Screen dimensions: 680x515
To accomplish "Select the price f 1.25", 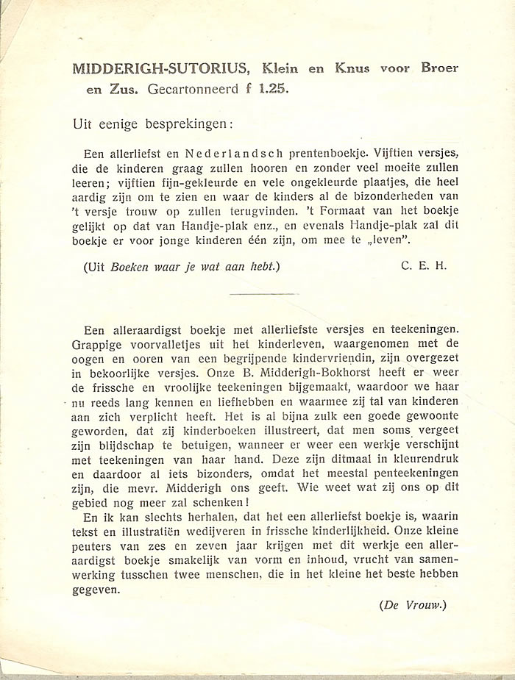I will (266, 90).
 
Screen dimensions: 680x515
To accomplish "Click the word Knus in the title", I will (353, 68).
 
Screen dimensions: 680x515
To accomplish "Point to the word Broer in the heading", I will (439, 68).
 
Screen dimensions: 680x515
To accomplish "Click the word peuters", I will (93, 560).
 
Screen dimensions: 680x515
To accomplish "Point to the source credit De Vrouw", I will (413, 605).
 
